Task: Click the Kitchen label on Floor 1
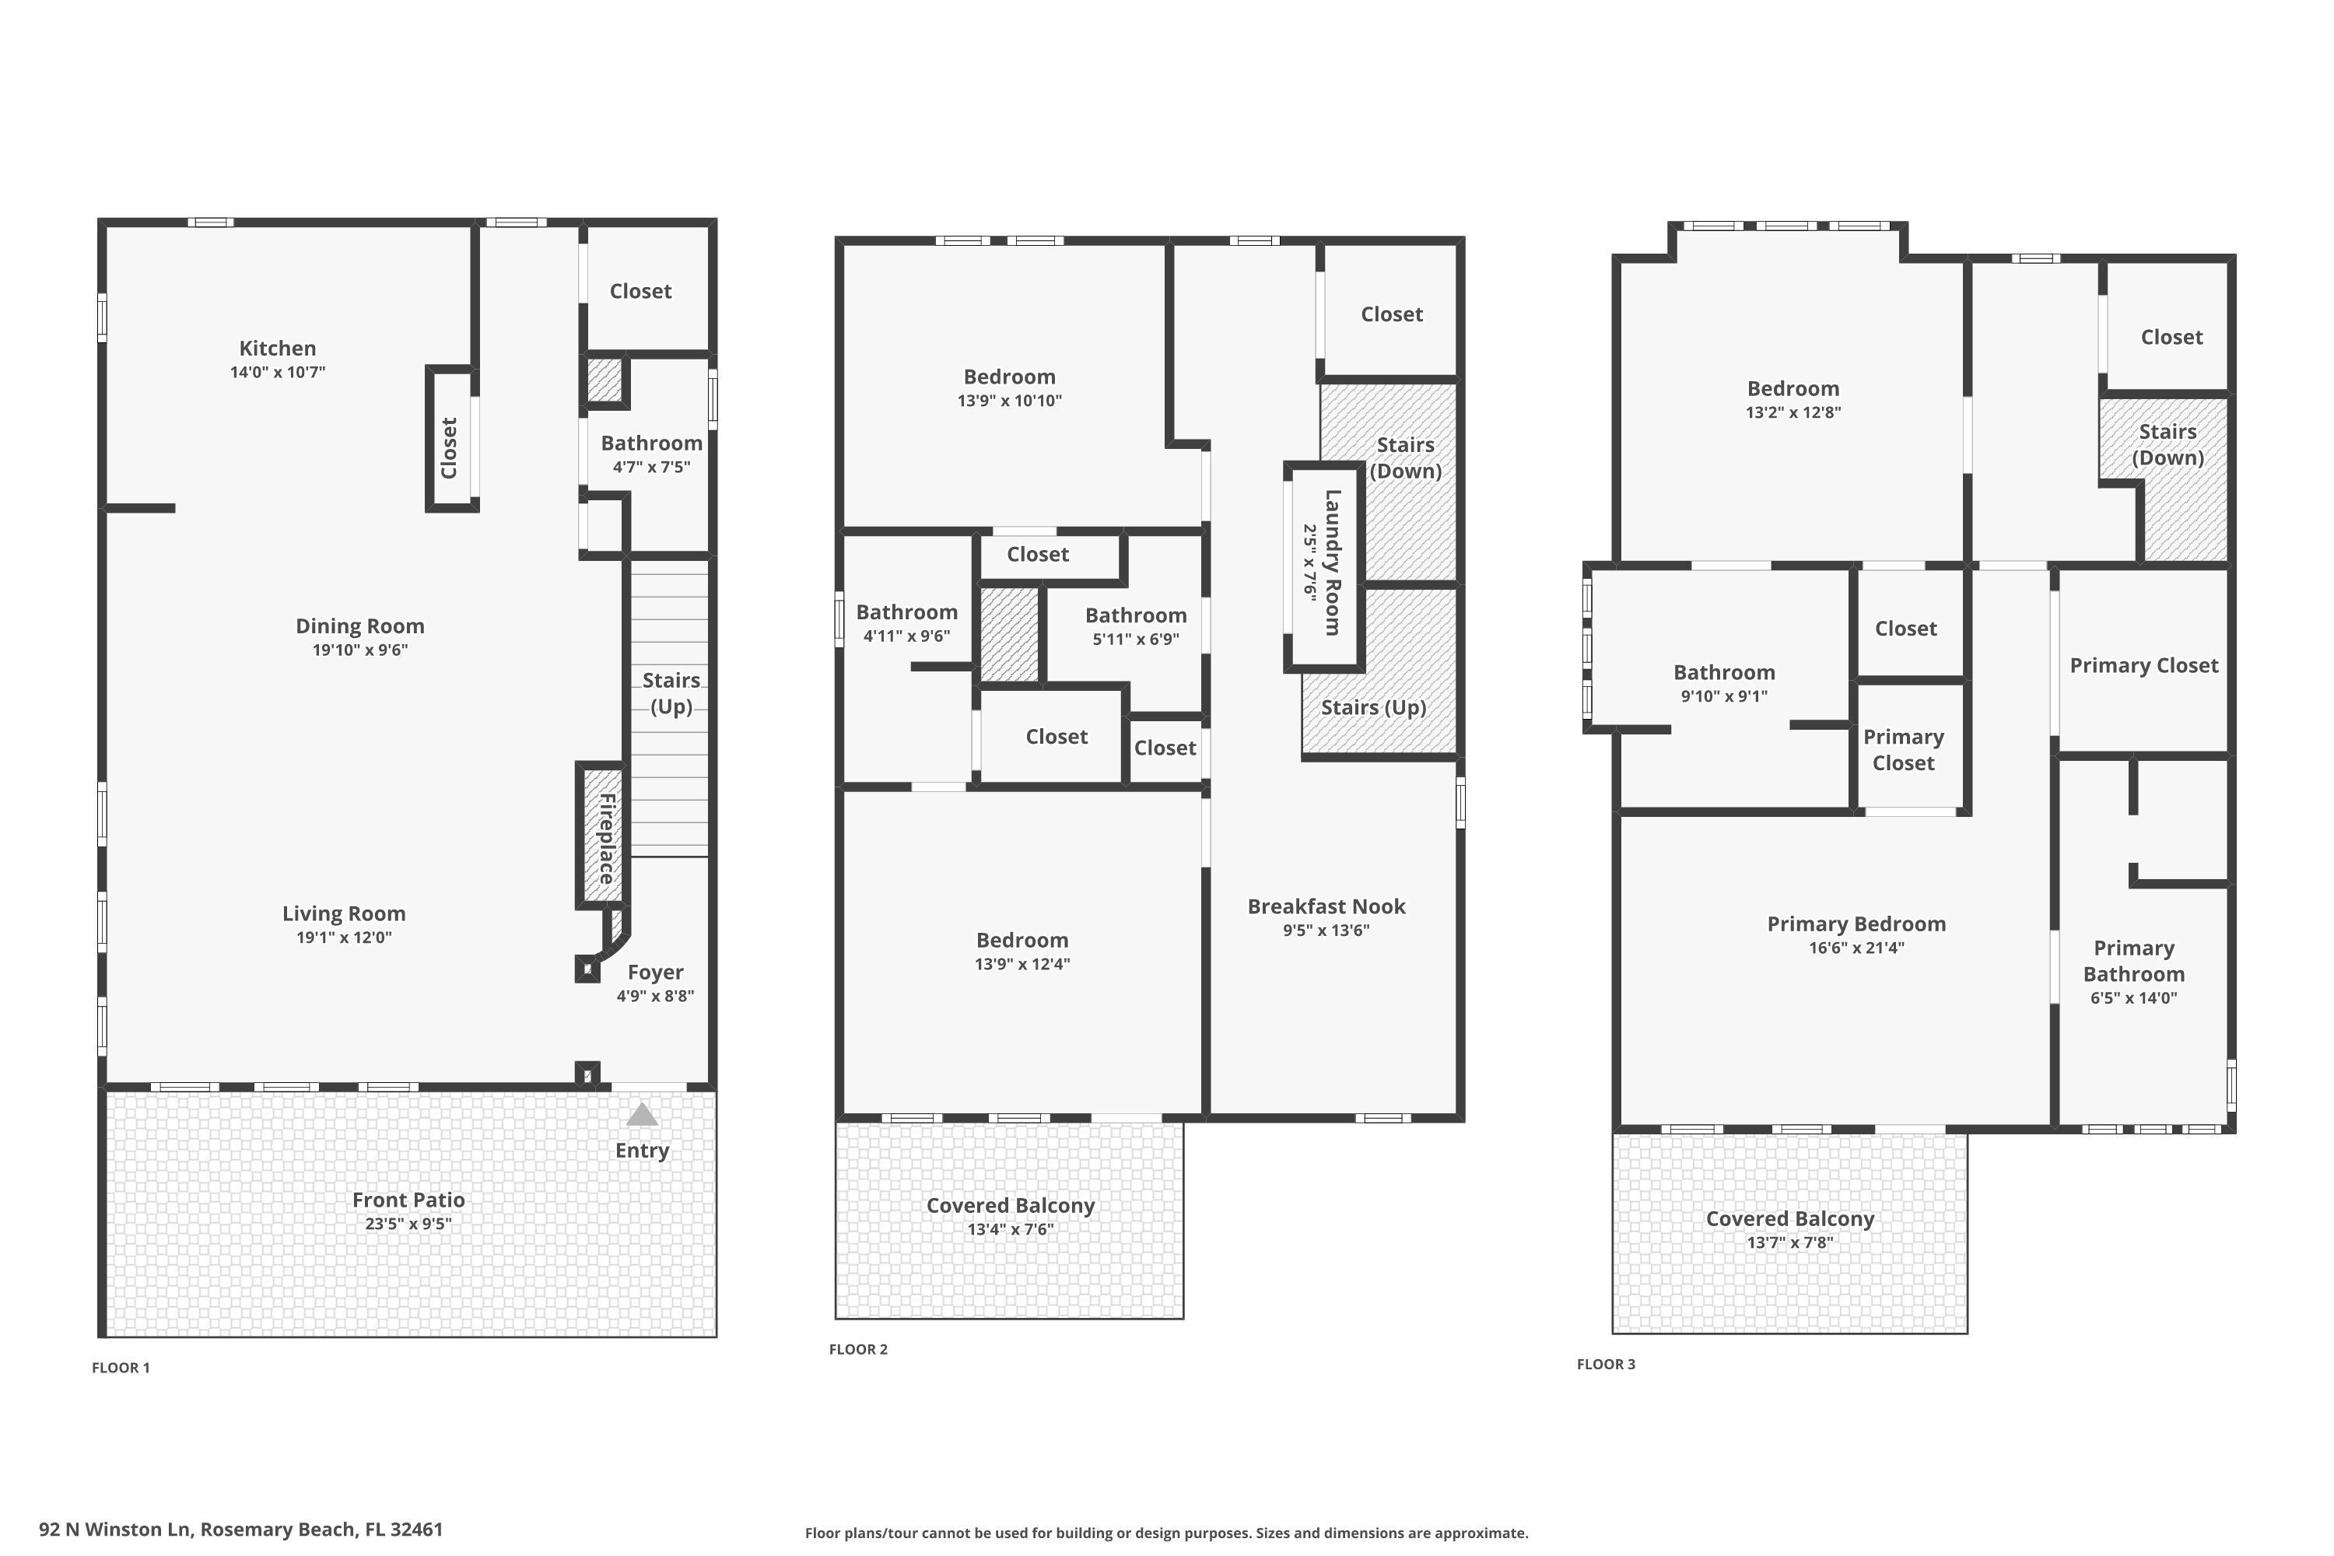point(277,349)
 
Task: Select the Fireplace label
point(605,839)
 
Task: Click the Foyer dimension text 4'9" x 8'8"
point(655,997)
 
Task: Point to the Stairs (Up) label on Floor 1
point(671,692)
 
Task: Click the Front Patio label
point(408,1200)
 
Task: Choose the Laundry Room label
point(1332,562)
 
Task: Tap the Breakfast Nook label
point(1326,906)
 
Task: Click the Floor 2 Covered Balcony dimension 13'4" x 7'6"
point(1010,1229)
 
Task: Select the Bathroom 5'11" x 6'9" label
point(1135,615)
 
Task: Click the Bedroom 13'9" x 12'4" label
point(1022,940)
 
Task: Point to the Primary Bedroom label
point(1856,924)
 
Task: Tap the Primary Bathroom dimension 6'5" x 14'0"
point(2133,998)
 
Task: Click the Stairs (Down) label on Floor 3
point(2168,444)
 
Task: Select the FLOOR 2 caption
point(858,1350)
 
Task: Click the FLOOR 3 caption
point(1606,1365)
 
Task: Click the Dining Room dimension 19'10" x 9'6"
point(360,650)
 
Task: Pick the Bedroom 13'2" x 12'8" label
point(1793,388)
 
